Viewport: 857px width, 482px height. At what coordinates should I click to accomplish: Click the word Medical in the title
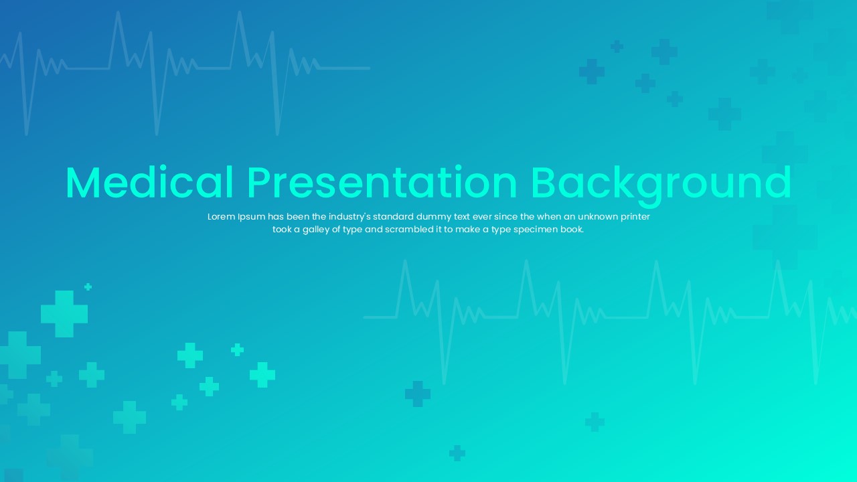[149, 183]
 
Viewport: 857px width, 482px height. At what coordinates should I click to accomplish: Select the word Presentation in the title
[382, 183]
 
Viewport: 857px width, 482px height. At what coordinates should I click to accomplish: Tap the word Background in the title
[661, 183]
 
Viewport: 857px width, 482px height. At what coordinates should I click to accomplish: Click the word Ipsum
[251, 217]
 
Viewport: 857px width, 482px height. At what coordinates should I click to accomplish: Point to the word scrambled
[408, 230]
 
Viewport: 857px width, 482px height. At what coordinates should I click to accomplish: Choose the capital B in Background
[546, 183]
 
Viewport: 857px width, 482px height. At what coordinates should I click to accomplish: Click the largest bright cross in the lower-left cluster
[64, 313]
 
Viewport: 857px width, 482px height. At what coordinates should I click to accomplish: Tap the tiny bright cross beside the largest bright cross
[88, 287]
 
